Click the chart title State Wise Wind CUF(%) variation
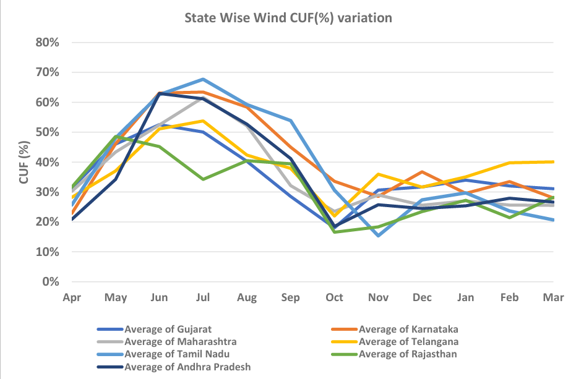(288, 18)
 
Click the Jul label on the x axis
(203, 297)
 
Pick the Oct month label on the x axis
(334, 297)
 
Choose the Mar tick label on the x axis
(554, 297)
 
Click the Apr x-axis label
(72, 297)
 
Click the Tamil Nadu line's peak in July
(203, 79)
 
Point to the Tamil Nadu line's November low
(378, 236)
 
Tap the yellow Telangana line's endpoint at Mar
(553, 162)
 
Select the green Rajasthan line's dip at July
(203, 179)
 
